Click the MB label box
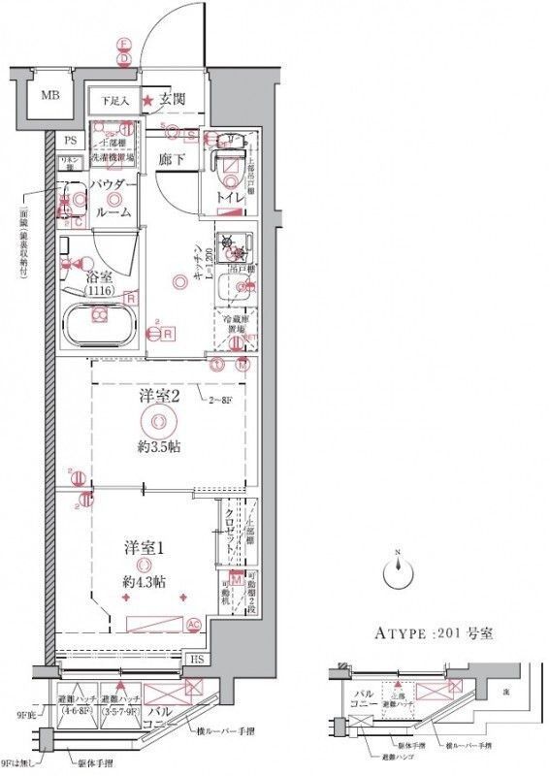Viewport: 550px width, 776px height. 48,95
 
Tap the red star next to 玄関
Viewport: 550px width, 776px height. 147,100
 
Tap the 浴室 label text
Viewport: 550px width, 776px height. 96,275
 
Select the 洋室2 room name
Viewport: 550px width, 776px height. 158,395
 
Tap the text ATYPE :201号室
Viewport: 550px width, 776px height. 435,635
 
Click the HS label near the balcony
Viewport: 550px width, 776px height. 196,660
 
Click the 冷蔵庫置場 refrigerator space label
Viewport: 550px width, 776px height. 234,324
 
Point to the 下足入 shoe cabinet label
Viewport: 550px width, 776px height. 109,100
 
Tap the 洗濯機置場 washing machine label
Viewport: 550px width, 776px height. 113,155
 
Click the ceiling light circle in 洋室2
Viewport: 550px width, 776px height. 158,420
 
